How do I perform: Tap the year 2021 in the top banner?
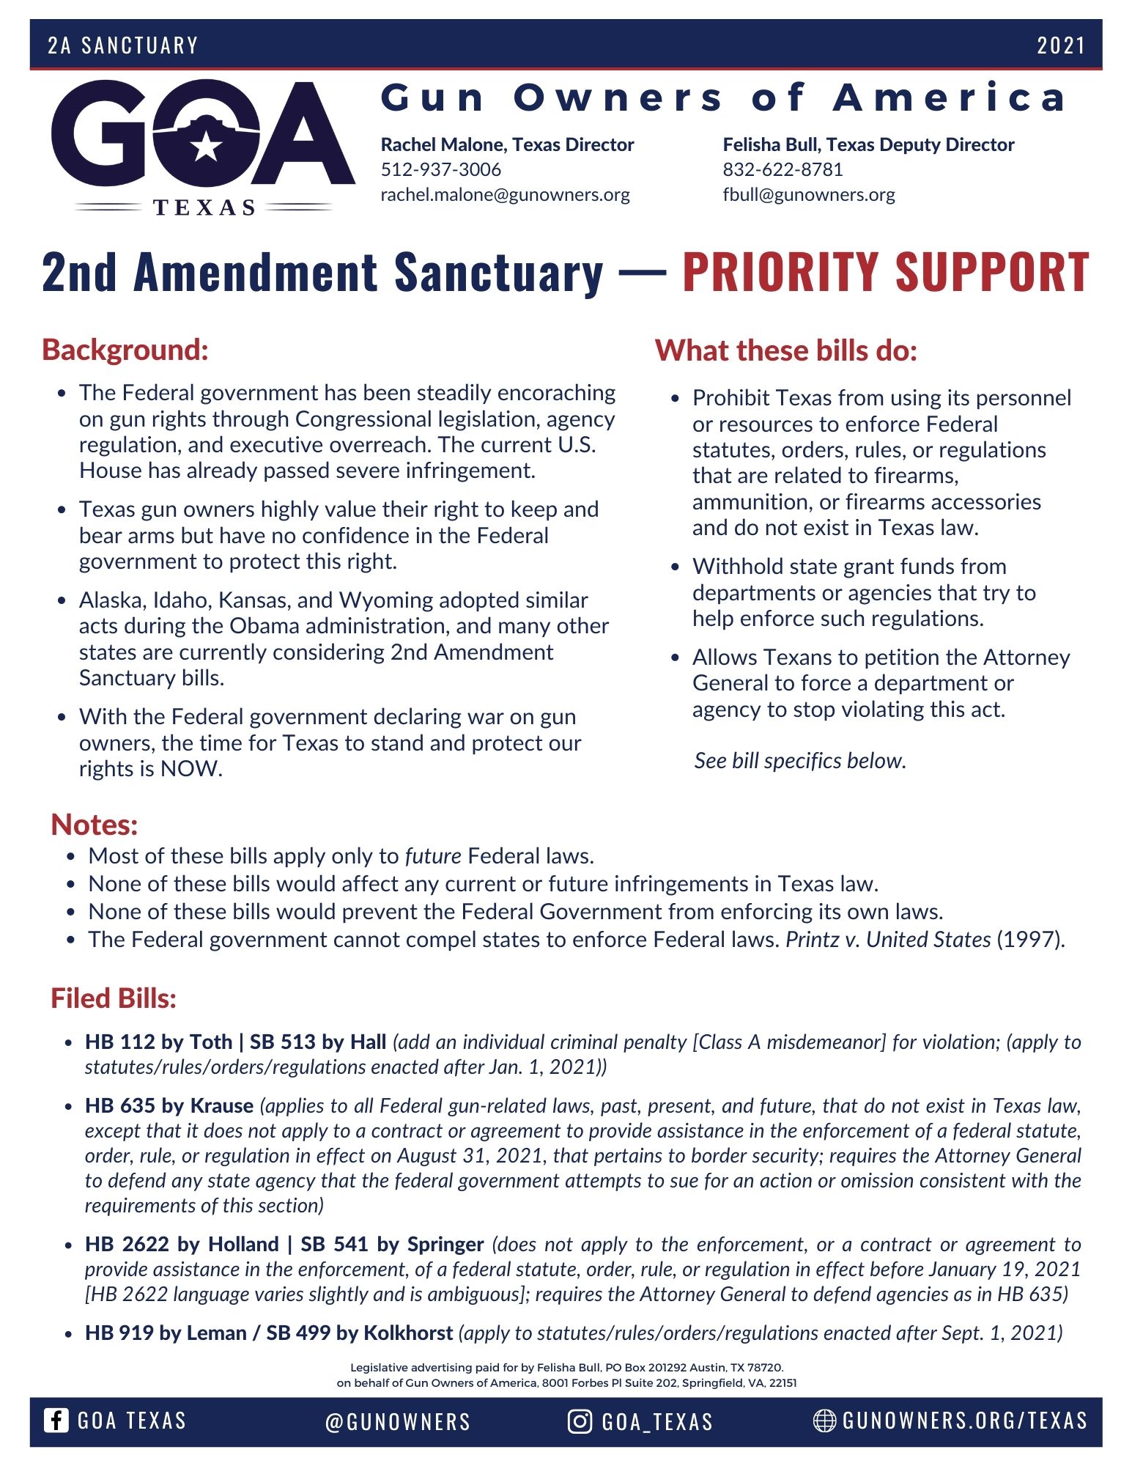(x=1060, y=45)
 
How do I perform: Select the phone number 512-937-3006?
(x=440, y=169)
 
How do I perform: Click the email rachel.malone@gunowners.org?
(x=505, y=194)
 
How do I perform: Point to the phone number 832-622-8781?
(x=783, y=169)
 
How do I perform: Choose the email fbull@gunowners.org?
(x=809, y=194)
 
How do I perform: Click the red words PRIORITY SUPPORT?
(x=885, y=272)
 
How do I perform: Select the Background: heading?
(x=125, y=350)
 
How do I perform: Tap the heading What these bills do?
(x=785, y=350)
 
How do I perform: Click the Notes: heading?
(x=95, y=825)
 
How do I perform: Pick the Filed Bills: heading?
(x=114, y=998)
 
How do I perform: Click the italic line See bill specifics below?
(x=800, y=761)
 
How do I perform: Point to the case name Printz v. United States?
(x=888, y=940)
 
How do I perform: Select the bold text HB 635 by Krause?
(x=169, y=1105)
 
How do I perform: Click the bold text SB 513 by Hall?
(x=318, y=1042)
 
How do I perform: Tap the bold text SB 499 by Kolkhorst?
(x=359, y=1333)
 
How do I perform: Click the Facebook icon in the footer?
(x=56, y=1421)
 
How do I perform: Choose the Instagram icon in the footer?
(x=580, y=1421)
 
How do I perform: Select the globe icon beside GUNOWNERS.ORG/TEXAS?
(x=824, y=1421)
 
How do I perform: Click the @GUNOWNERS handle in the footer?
(x=398, y=1422)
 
